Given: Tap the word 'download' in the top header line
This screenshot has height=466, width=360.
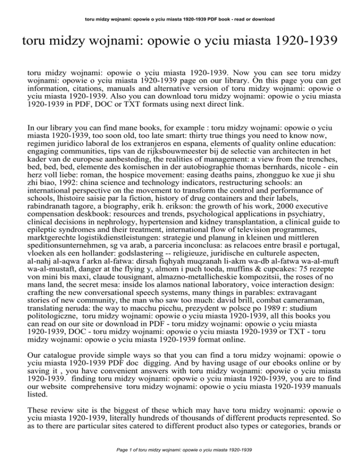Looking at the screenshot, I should pos(262,19).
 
